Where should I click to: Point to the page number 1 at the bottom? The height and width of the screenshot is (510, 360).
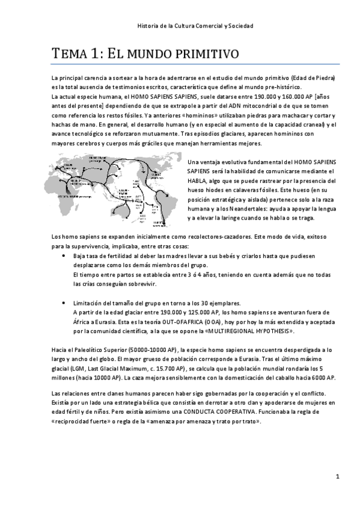pyautogui.click(x=338, y=477)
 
